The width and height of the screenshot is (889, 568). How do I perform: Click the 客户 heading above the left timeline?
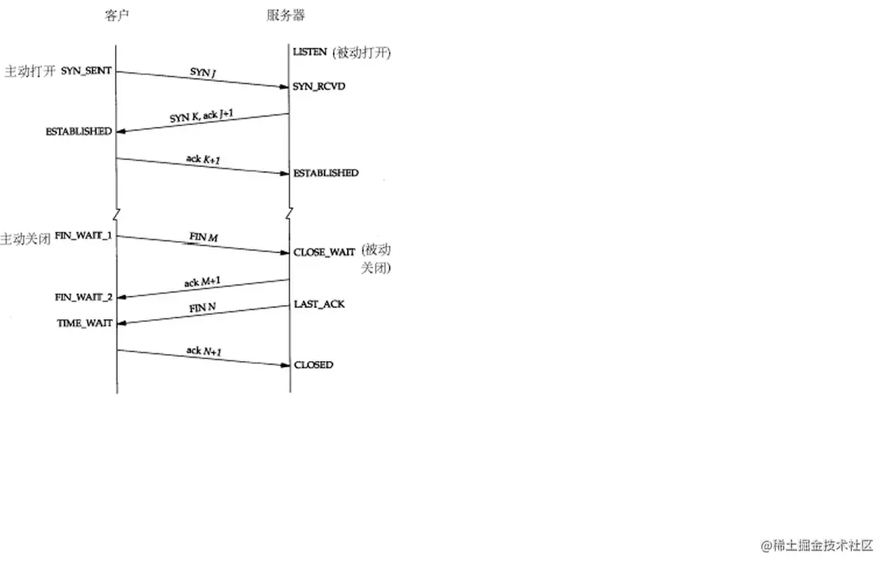tap(118, 15)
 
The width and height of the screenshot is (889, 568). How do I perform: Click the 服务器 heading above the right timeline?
tap(285, 15)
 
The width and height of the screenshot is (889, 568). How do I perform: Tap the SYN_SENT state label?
tap(86, 71)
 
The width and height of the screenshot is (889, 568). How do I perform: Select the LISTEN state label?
tap(310, 53)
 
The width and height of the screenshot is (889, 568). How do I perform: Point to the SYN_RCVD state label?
tap(319, 87)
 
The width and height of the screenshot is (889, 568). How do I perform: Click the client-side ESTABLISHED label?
tap(79, 131)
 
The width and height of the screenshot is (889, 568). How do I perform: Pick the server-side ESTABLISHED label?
tap(325, 173)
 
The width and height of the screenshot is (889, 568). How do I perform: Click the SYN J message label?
tap(203, 72)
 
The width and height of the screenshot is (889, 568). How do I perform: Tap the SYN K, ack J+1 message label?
tap(201, 114)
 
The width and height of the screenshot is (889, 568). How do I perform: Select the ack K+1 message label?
tap(203, 159)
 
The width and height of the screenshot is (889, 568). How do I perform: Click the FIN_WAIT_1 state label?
tap(83, 236)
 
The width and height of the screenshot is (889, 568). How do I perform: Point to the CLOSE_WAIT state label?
tap(324, 252)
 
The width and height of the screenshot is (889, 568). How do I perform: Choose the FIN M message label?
tap(203, 238)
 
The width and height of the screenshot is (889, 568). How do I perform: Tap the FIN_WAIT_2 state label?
tap(83, 297)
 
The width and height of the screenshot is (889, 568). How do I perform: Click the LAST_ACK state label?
tap(319, 304)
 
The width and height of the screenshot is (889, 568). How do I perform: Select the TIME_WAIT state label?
tap(85, 323)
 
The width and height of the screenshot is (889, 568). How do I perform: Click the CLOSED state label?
tap(313, 365)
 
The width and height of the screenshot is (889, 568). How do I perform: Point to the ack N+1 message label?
tap(203, 350)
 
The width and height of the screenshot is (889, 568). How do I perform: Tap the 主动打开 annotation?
tap(29, 72)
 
